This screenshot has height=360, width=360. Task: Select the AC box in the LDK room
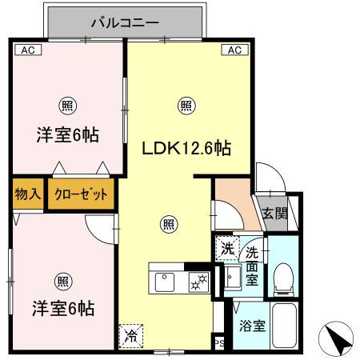(234, 50)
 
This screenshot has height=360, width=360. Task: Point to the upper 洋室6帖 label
(67, 134)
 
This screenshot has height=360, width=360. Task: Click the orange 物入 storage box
(28, 194)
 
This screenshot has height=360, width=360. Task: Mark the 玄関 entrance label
(275, 214)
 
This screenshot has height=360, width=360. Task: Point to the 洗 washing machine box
(227, 249)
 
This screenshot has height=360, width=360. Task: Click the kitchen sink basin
(166, 282)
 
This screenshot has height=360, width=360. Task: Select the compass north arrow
(338, 339)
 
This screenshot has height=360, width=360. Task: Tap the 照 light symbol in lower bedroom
(62, 280)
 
